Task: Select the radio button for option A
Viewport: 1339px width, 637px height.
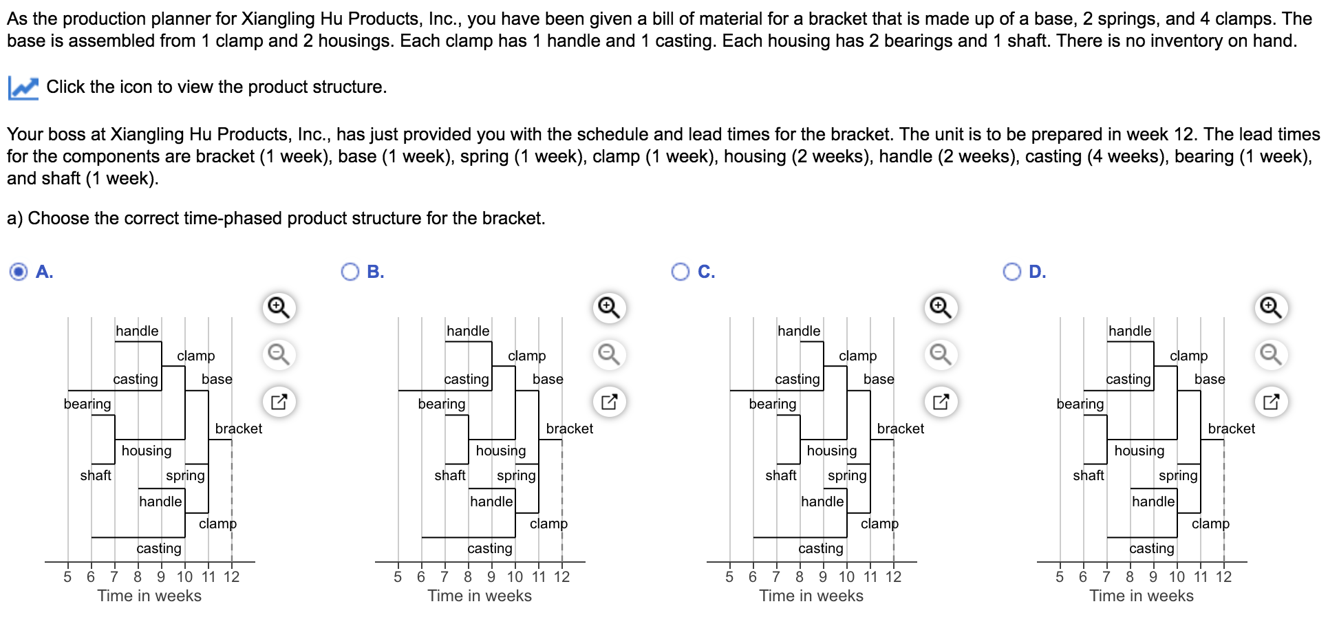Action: point(19,272)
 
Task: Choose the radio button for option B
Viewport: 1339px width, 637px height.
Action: point(350,272)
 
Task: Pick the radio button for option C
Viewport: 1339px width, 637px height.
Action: point(681,272)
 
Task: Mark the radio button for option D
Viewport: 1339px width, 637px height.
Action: point(1012,272)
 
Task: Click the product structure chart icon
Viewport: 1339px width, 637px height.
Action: point(23,87)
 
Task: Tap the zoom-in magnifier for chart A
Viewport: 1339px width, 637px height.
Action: point(279,307)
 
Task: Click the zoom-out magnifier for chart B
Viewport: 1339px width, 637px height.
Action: point(609,354)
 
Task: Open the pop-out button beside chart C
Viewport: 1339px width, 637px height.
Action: point(941,402)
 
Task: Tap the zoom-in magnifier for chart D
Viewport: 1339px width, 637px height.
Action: point(1271,307)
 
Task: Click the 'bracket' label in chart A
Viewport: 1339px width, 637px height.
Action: point(239,429)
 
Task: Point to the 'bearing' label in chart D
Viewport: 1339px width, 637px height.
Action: point(1080,404)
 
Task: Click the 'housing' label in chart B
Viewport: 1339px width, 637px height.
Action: point(501,451)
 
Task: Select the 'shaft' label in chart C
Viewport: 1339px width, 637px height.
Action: point(781,475)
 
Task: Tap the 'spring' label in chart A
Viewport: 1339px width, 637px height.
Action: point(185,475)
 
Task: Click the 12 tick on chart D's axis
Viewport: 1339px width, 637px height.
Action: point(1223,576)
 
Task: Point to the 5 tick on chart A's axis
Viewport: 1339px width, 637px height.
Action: point(67,576)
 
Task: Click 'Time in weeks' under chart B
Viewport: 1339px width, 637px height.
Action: point(480,596)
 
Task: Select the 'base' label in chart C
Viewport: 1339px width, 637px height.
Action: point(879,379)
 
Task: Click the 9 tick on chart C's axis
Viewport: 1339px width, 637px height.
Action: point(823,576)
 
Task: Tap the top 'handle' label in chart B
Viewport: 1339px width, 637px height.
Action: point(468,331)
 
